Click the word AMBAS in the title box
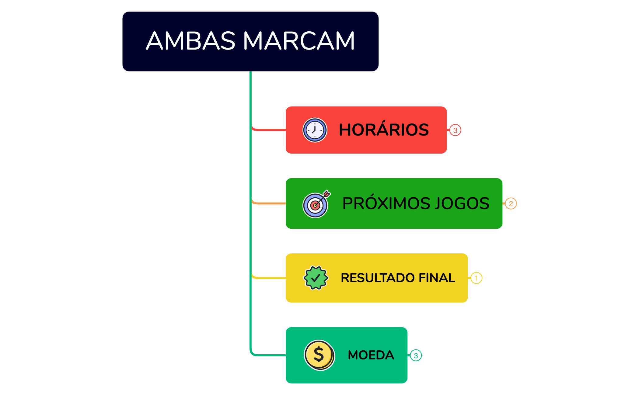(191, 41)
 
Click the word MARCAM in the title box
(299, 41)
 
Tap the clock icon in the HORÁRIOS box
(315, 130)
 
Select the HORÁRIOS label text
(384, 130)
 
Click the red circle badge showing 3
(455, 130)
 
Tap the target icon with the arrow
(316, 204)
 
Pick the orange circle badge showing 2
(511, 203)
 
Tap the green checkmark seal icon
(316, 278)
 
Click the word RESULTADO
(378, 278)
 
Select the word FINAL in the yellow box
(437, 278)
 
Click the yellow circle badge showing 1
(476, 278)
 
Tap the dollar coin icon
(319, 355)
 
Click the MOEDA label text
(371, 355)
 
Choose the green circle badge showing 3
(416, 355)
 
